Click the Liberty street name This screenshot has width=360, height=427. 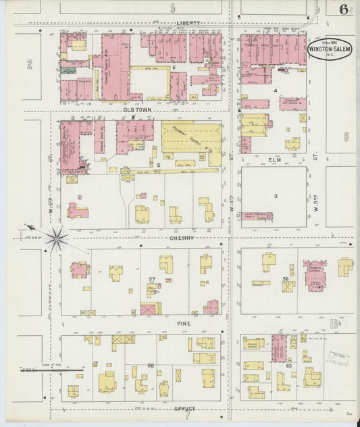tap(188, 23)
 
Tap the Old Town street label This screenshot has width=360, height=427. tap(138, 109)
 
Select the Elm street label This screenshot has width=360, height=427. tap(274, 160)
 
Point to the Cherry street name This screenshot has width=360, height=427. tap(182, 238)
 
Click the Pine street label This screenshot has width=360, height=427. tap(184, 324)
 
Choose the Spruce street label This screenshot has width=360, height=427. tap(185, 408)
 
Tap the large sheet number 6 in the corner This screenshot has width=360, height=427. tap(344, 9)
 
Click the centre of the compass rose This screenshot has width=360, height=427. tap(57, 237)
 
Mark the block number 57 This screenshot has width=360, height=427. tap(152, 279)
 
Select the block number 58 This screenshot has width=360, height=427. tap(151, 366)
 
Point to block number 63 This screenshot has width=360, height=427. tap(288, 366)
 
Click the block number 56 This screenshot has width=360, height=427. tap(286, 279)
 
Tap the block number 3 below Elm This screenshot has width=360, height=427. tap(276, 196)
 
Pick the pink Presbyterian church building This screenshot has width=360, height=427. tap(315, 275)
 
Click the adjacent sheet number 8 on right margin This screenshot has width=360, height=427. tap(346, 136)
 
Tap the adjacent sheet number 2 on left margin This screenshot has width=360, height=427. tap(30, 64)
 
